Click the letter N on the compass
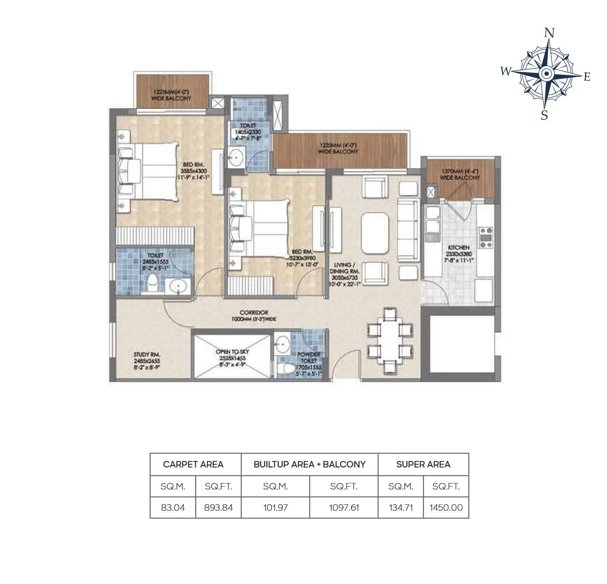coord(550,33)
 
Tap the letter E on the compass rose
coord(587,77)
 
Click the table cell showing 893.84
coord(218,507)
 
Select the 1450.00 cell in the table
coord(446,507)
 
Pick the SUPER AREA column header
coord(423,464)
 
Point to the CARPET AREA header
coord(193,464)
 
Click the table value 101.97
coord(275,507)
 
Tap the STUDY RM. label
coord(147,354)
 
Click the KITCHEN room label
coord(459,248)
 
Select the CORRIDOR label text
coord(254,312)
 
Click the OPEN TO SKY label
coord(233,352)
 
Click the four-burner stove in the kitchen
coord(486,237)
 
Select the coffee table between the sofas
coord(375,233)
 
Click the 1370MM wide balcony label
coord(460,174)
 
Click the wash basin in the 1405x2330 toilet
coord(236,156)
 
